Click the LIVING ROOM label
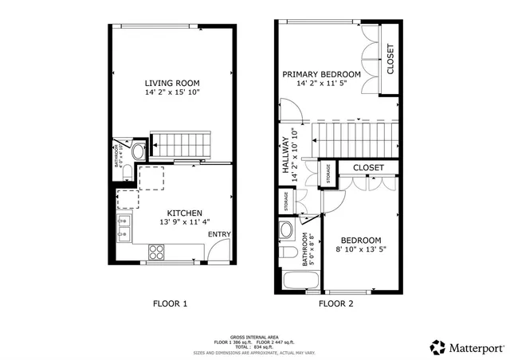[x=171, y=83]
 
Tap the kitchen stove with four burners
[x=156, y=252]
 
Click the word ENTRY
[x=219, y=234]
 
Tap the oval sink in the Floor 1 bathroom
[x=137, y=151]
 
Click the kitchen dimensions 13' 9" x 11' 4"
[x=171, y=223]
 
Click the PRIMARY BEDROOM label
[x=322, y=74]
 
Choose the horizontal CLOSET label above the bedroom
[x=368, y=168]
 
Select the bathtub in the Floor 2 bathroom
[x=300, y=281]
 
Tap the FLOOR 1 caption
[x=170, y=303]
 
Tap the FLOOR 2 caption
[x=335, y=303]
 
